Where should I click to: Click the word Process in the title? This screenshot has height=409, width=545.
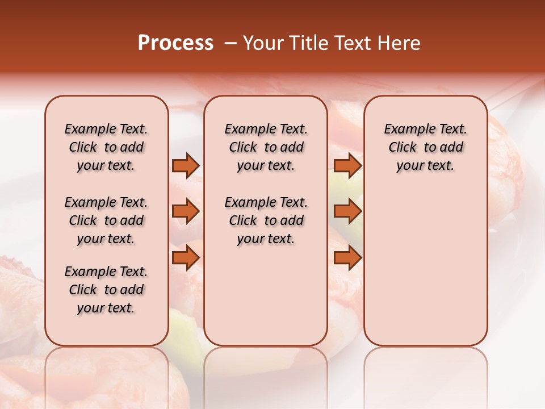[175, 43]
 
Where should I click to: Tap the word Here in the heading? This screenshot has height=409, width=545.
[399, 43]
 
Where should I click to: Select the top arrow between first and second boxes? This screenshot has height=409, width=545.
[186, 166]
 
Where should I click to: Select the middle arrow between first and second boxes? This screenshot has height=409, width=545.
[186, 211]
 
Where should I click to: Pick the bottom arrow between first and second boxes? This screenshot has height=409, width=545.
[186, 258]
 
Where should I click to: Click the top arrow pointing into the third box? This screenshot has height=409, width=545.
[347, 166]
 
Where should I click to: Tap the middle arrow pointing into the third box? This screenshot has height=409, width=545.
[347, 211]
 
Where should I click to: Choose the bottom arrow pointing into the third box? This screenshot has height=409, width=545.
[347, 258]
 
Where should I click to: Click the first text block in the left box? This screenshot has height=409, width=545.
[106, 147]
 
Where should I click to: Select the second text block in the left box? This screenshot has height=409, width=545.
[106, 220]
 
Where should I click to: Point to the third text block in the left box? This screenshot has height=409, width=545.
[106, 290]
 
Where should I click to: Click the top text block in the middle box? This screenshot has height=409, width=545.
[266, 147]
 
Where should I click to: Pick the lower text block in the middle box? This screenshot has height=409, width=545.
[266, 220]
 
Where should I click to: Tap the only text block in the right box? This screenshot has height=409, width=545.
[425, 147]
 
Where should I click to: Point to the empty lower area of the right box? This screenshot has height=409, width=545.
[425, 267]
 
